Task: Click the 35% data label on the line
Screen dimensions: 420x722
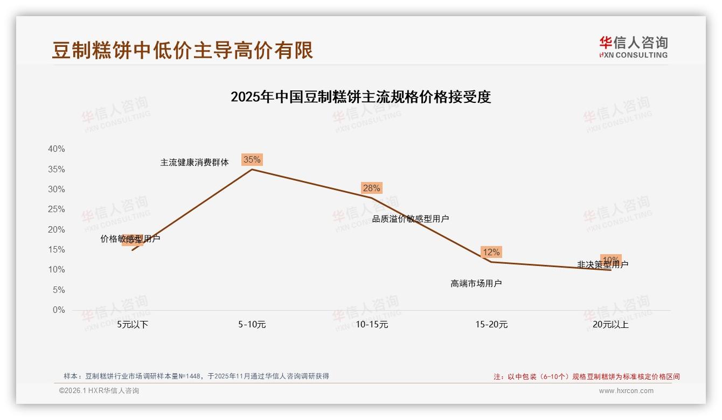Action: [x=252, y=159]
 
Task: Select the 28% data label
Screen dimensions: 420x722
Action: [x=371, y=188]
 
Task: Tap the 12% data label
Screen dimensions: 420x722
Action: [x=491, y=252]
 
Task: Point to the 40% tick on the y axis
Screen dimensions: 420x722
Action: [x=56, y=149]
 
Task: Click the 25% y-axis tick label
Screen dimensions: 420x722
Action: [x=56, y=209]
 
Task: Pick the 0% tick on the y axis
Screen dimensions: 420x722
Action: [x=58, y=310]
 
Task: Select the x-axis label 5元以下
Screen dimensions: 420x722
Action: [x=133, y=325]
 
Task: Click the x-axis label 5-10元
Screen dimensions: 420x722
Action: [x=252, y=325]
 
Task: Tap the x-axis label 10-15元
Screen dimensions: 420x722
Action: [x=372, y=325]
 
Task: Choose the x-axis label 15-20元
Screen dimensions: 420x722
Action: [x=491, y=325]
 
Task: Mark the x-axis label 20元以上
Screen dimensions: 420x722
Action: [x=610, y=325]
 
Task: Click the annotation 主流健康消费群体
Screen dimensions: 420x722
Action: [x=195, y=162]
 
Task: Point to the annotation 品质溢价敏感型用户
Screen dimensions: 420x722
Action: [x=411, y=219]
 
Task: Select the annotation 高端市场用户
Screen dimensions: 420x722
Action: [x=476, y=283]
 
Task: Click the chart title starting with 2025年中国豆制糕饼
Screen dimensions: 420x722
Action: [x=360, y=97]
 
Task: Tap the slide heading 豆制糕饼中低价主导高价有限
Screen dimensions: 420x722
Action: [x=183, y=50]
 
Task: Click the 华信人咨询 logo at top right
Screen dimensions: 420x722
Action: [x=633, y=47]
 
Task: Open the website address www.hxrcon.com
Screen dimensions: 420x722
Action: [x=626, y=391]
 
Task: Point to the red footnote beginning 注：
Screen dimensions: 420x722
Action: [x=587, y=377]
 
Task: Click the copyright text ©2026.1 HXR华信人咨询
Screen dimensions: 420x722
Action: [x=99, y=391]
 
